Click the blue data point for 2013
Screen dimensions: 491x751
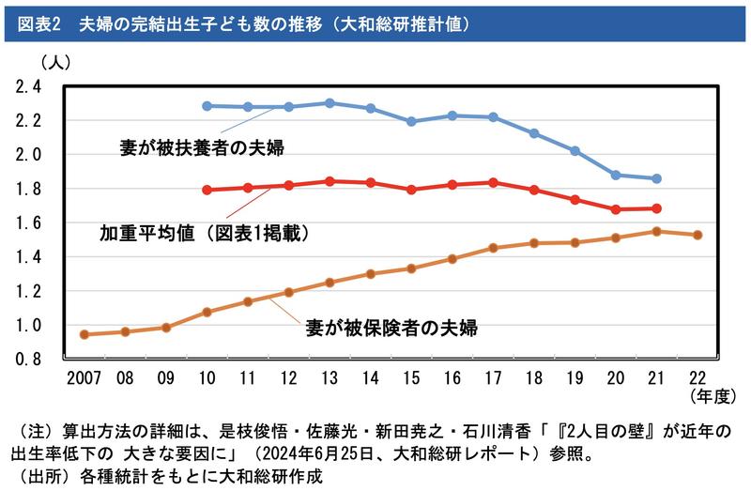tap(330, 102)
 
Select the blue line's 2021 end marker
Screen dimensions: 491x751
tap(656, 178)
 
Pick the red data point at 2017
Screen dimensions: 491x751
tap(493, 182)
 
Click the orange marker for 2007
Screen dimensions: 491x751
tap(84, 334)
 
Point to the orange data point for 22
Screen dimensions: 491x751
tap(697, 235)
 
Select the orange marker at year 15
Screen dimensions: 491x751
tap(411, 269)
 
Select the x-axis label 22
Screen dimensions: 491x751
tap(697, 377)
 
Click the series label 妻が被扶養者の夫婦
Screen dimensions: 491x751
tap(202, 147)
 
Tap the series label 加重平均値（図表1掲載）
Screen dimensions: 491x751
tap(205, 229)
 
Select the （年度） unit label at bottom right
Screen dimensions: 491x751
tap(710, 396)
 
